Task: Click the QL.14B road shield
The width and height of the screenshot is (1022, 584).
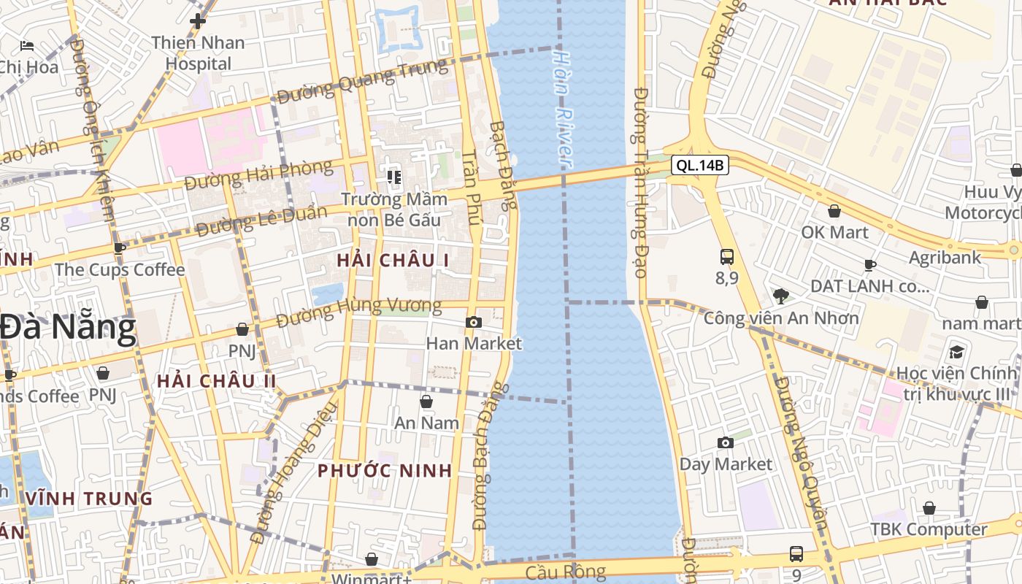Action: pos(700,166)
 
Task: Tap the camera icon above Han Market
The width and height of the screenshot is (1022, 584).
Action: pos(473,322)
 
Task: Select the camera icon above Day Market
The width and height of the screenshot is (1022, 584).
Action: pos(725,442)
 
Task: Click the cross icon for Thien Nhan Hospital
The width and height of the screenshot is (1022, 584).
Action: pos(197,20)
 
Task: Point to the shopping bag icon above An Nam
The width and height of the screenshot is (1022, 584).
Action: pos(426,401)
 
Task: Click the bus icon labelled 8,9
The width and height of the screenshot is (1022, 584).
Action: pos(727,257)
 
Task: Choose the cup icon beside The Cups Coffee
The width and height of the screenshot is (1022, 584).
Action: pos(120,248)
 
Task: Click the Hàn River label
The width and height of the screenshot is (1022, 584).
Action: pos(562,107)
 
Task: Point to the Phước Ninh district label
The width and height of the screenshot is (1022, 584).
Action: pos(385,471)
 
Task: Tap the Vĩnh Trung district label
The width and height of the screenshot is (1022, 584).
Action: pos(89,499)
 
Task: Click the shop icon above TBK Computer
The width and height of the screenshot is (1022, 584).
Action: pos(929,508)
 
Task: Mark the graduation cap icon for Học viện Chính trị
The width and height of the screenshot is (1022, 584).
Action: pos(956,352)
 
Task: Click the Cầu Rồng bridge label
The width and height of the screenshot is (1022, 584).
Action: pos(565,572)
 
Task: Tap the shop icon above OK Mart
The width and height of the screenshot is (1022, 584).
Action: pos(834,212)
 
